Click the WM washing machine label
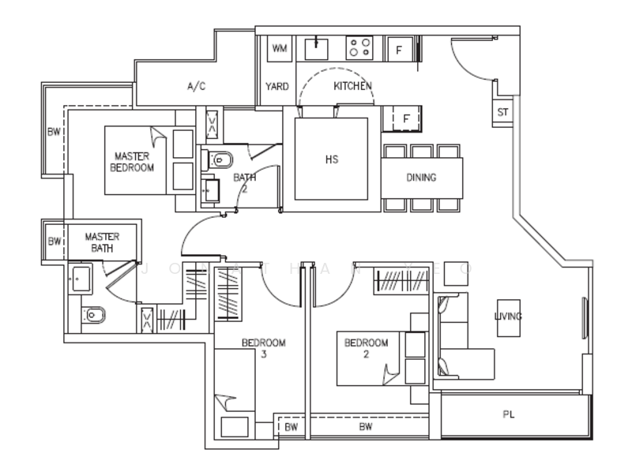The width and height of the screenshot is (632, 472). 279,48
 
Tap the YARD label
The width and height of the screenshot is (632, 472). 276,86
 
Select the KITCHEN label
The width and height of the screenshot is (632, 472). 352,85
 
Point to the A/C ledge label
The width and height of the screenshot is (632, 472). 196,86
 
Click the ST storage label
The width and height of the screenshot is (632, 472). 502,112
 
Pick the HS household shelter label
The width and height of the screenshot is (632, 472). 331,159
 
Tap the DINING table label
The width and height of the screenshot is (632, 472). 421,178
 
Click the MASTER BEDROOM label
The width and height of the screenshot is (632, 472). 132,162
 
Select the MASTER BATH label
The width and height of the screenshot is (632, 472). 101,242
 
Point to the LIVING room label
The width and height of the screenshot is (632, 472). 508,317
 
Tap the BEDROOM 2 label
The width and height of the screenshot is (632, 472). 367,348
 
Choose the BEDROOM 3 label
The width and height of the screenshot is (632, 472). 263,348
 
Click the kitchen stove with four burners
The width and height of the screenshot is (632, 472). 359,47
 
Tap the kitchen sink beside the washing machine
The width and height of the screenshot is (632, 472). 318,48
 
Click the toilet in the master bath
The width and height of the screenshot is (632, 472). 93,317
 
